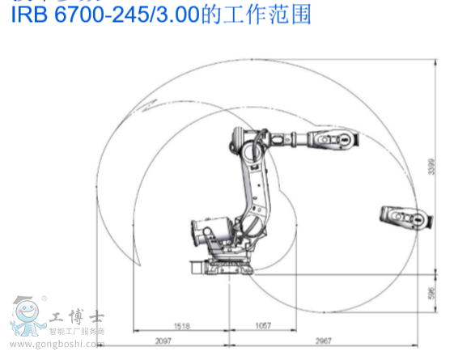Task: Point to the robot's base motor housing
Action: [202, 235]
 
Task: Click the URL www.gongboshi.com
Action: [69, 345]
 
